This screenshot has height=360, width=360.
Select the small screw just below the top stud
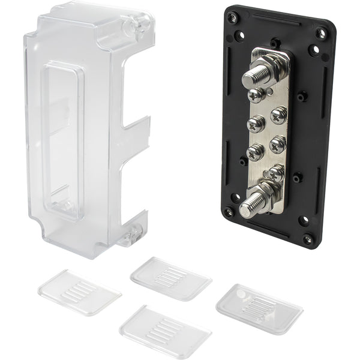click(257, 95)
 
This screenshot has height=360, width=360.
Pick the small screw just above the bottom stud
click(275, 174)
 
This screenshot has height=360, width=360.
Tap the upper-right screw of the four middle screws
click(278, 115)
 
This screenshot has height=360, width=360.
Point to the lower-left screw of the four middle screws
click(255, 151)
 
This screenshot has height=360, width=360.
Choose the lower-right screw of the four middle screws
click(278, 143)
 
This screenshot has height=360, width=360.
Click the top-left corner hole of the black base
click(232, 17)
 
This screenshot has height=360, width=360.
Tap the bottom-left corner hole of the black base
click(229, 212)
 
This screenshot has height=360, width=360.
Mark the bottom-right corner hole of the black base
click(308, 238)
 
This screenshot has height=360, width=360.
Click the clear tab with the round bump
click(259, 309)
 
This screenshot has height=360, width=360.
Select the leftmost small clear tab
click(79, 292)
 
